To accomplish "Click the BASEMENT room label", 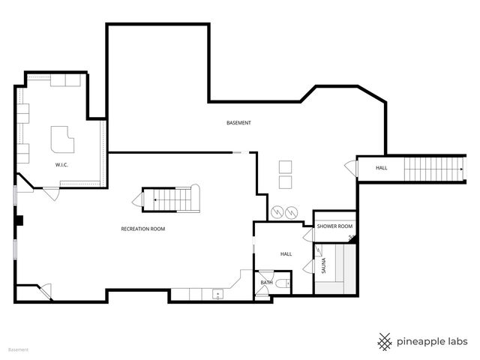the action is pyautogui.click(x=238, y=123).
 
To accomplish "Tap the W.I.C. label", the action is pyautogui.click(x=61, y=165).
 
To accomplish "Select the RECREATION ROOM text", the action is pyautogui.click(x=143, y=229).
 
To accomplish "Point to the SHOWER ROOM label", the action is pyautogui.click(x=334, y=226).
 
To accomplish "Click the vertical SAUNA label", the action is pyautogui.click(x=323, y=265).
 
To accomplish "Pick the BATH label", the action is pyautogui.click(x=267, y=283).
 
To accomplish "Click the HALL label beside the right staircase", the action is pyautogui.click(x=382, y=168).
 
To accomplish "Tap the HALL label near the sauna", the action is pyautogui.click(x=286, y=254).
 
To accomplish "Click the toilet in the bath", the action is pyautogui.click(x=282, y=283).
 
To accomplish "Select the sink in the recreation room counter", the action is pyautogui.click(x=218, y=295).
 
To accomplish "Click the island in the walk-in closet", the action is pyautogui.click(x=62, y=139).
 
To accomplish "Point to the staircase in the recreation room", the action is pyautogui.click(x=171, y=199).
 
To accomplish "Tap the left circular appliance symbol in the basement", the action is pyautogui.click(x=277, y=212).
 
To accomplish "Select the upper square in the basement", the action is pyautogui.click(x=285, y=167).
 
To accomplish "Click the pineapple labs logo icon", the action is pyautogui.click(x=385, y=342).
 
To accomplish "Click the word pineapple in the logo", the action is pyautogui.click(x=421, y=342).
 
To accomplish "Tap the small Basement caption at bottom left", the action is pyautogui.click(x=18, y=349).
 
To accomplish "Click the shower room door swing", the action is pyautogui.click(x=308, y=235).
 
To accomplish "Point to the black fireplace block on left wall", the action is pyautogui.click(x=19, y=220).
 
